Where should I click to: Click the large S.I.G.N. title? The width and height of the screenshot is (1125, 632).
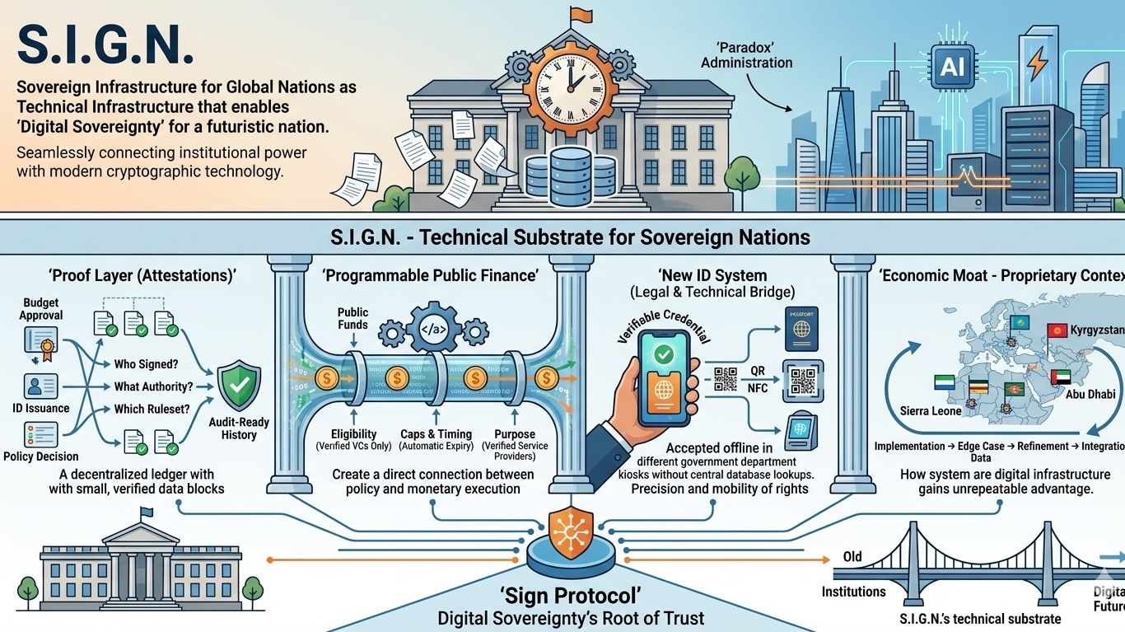tap(105, 43)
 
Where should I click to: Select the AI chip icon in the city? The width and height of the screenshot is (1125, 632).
tap(952, 66)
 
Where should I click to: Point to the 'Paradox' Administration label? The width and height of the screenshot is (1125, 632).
tap(746, 55)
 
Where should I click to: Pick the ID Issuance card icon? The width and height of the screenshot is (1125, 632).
tap(40, 386)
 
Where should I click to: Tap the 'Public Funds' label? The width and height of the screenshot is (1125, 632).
tap(352, 318)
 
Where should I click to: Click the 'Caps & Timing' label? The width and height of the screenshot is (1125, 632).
tap(436, 434)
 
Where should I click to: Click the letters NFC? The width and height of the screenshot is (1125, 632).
tap(759, 387)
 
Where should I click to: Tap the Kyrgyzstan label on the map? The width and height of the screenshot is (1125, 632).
tap(1097, 330)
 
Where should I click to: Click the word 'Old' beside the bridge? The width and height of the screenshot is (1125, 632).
tap(852, 557)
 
